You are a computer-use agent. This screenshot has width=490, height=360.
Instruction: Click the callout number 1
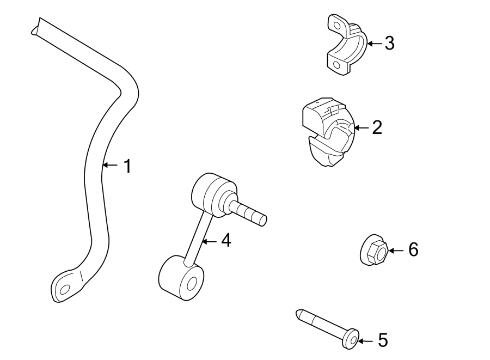coord(126,166)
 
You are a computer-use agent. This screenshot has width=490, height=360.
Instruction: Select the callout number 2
coord(377,128)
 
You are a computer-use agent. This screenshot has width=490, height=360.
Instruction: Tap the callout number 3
coord(389,43)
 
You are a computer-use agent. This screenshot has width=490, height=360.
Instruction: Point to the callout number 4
coord(225,240)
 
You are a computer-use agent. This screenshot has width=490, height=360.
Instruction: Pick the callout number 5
coord(383,341)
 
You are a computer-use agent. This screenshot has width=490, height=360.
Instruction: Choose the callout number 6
coord(413,250)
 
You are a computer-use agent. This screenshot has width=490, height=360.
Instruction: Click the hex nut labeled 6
coord(374,251)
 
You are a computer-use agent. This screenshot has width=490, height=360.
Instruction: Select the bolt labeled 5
coord(325,327)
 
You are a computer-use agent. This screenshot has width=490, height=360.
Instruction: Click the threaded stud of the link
coord(250,212)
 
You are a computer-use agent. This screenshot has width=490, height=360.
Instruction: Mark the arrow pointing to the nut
coord(395,251)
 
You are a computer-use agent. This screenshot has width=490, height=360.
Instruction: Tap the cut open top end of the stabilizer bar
coord(36,27)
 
